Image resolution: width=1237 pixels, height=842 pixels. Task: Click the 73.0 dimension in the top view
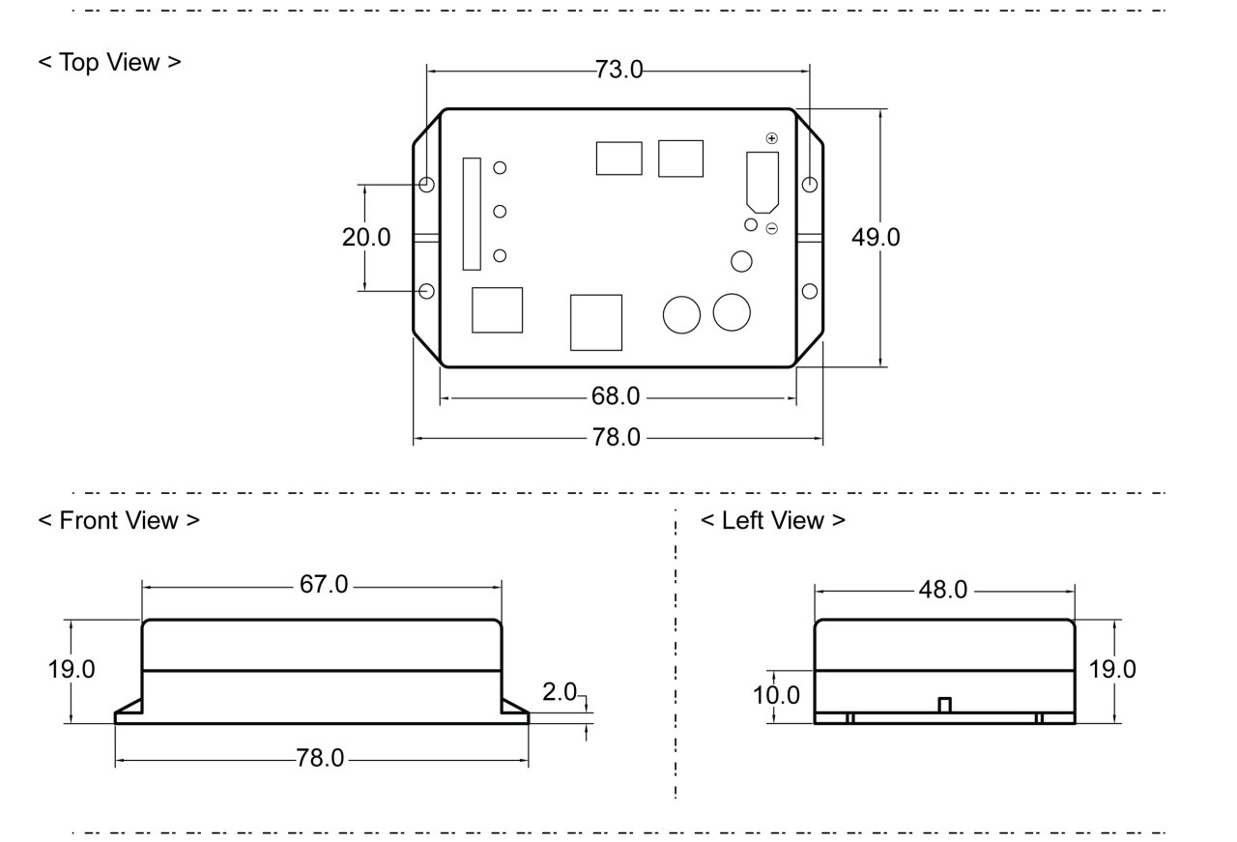(x=616, y=71)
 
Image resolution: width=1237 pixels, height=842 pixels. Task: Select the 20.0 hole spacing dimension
(x=366, y=238)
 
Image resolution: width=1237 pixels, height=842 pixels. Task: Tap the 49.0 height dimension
(x=875, y=238)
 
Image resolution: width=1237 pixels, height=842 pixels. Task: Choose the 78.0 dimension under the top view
(x=616, y=438)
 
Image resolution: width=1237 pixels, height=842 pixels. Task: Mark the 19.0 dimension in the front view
(x=72, y=670)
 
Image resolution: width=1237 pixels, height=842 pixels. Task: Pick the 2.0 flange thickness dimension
(x=560, y=692)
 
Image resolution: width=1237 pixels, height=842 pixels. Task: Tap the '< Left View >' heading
(x=772, y=520)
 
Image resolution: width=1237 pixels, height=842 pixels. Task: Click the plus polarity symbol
(x=771, y=139)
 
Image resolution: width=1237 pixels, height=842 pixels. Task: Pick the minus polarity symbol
(x=771, y=228)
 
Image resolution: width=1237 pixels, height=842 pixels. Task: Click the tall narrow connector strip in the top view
(x=472, y=214)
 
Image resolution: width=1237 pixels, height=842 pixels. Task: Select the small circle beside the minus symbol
(x=751, y=224)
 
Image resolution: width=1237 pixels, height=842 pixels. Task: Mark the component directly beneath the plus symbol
(x=762, y=181)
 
